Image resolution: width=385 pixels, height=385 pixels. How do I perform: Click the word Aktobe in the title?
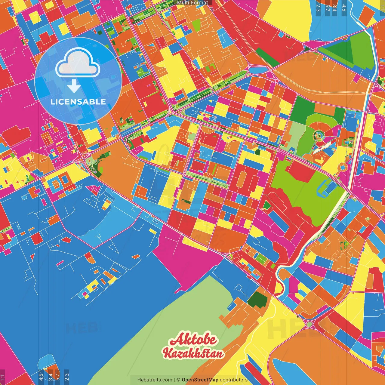coord(193,339)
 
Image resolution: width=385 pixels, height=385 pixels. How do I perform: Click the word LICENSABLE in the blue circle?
coord(78,102)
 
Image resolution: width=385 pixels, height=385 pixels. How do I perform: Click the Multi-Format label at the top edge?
coord(192,3)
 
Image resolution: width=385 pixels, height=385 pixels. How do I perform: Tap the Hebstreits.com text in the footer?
coord(155,380)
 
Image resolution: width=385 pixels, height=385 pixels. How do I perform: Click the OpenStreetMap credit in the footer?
coord(200,380)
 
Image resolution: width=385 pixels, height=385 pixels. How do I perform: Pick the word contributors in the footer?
coord(233,380)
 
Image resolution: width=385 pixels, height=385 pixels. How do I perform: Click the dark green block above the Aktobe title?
coord(257,300)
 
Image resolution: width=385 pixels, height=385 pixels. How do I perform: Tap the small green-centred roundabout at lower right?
coord(309,324)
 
